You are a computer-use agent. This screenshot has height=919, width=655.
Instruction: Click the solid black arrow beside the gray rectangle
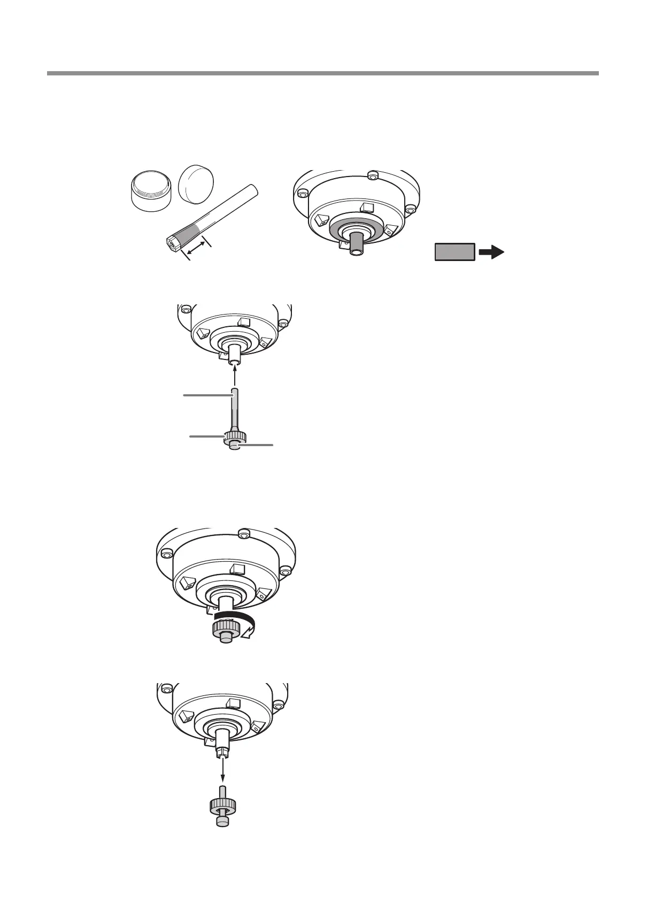pyautogui.click(x=491, y=252)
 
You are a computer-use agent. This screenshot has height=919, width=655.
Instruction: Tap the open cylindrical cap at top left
pyautogui.click(x=151, y=190)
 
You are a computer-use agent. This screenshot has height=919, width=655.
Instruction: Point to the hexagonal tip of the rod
pyautogui.click(x=171, y=243)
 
